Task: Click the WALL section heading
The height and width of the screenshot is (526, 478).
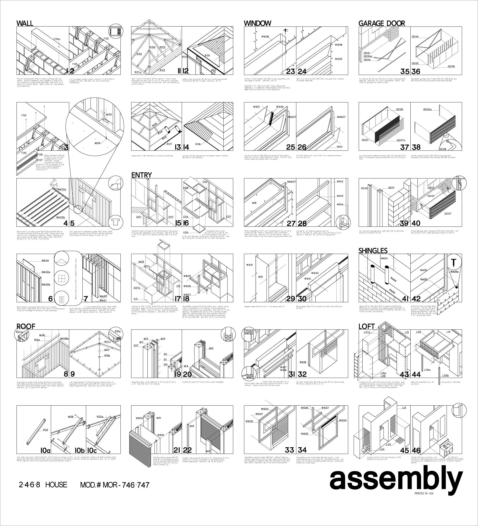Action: pyautogui.click(x=25, y=23)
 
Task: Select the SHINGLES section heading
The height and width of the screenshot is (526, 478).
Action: pyautogui.click(x=373, y=250)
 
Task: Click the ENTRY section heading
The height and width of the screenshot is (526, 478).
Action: pyautogui.click(x=141, y=175)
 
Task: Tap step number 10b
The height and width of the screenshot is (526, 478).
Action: pyautogui.click(x=80, y=450)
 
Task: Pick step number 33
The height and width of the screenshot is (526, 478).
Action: pyautogui.click(x=290, y=450)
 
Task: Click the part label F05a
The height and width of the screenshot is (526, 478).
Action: pyautogui.click(x=57, y=39)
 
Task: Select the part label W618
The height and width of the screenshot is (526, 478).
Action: pyautogui.click(x=303, y=362)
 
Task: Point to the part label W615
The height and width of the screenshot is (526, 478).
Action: pyautogui.click(x=249, y=265)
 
